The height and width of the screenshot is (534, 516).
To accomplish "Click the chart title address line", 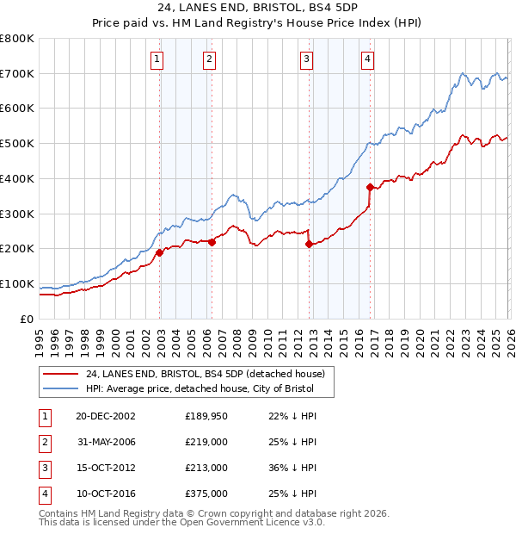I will click(257, 6).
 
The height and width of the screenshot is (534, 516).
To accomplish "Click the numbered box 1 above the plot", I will click(158, 59).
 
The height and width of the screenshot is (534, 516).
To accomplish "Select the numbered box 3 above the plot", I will click(307, 59).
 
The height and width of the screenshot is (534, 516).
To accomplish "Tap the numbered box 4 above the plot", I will click(367, 59).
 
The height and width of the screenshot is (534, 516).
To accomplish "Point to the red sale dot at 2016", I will click(370, 187).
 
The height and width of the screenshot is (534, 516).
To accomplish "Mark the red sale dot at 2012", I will click(309, 245).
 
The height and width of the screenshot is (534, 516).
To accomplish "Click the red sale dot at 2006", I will click(212, 242).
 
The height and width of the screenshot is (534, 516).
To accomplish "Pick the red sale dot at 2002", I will click(160, 252).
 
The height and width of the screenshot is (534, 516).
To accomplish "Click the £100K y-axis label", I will click(17, 283).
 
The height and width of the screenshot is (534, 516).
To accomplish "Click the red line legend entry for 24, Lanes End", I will click(205, 375).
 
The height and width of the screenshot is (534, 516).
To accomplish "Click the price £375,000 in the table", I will click(206, 494).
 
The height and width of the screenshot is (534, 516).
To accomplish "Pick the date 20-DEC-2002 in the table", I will click(105, 416).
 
